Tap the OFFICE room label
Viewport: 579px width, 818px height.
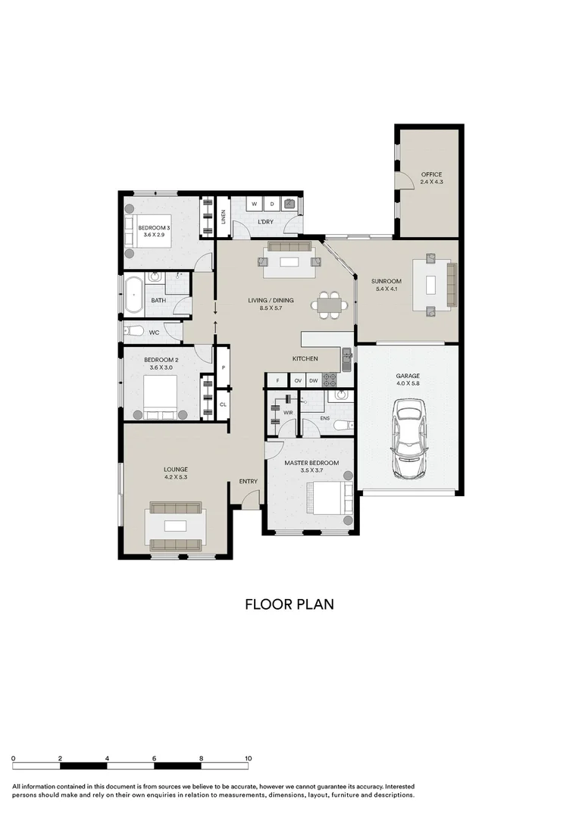pyautogui.click(x=431, y=175)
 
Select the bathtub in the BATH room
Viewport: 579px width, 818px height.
pyautogui.click(x=135, y=295)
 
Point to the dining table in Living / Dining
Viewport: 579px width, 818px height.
pyautogui.click(x=330, y=306)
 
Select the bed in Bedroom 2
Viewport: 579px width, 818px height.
pyautogui.click(x=161, y=397)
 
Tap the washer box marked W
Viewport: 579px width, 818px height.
pyautogui.click(x=255, y=204)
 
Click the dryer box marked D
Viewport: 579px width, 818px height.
pyautogui.click(x=272, y=204)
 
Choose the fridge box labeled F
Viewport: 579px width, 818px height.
pyautogui.click(x=278, y=380)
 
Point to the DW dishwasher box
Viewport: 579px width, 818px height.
pyautogui.click(x=314, y=380)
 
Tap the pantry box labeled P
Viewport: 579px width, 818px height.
pyautogui.click(x=224, y=367)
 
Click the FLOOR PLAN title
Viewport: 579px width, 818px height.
pyautogui.click(x=289, y=604)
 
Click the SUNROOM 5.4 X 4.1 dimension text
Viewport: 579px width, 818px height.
pyautogui.click(x=387, y=289)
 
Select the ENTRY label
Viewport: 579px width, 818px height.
pyautogui.click(x=248, y=482)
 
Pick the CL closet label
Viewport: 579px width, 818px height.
pyautogui.click(x=224, y=404)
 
